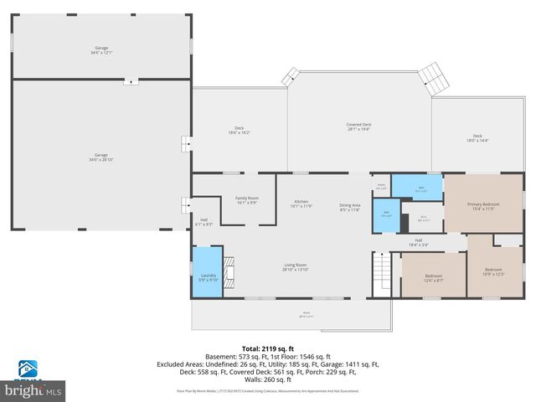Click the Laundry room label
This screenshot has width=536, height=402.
click(x=207, y=277)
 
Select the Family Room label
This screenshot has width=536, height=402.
click(x=246, y=199)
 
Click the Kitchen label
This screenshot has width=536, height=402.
click(x=301, y=204)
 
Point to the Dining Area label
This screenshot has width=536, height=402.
click(x=349, y=207)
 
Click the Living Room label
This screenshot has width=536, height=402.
click(x=296, y=267)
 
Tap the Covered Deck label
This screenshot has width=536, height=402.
click(x=359, y=126)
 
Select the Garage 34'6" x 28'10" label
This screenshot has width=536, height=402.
click(x=100, y=157)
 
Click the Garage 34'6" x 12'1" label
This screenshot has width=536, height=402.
click(x=100, y=50)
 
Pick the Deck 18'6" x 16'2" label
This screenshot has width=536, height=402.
click(x=240, y=131)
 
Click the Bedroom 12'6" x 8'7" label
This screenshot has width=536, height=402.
click(x=433, y=277)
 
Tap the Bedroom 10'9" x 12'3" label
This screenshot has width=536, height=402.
click(x=493, y=272)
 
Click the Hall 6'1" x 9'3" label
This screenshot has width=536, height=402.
click(x=204, y=223)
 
